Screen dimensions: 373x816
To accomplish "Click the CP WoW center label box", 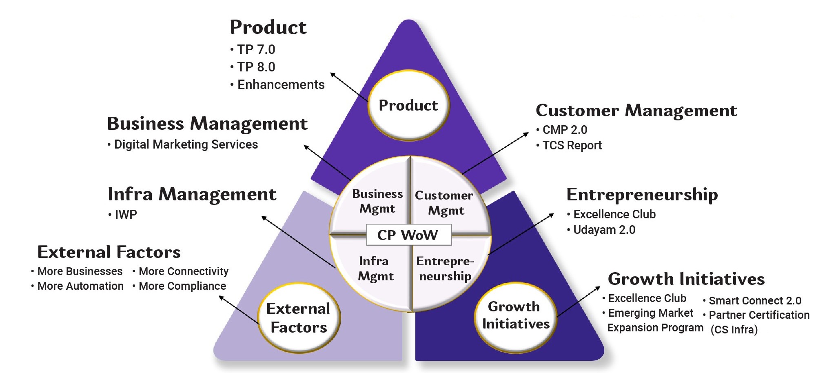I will (408, 235).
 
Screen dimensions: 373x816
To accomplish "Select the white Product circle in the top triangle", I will (408, 105).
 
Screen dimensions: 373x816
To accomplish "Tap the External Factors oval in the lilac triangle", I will (299, 318).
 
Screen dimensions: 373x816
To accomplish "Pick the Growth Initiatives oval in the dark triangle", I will (516, 315).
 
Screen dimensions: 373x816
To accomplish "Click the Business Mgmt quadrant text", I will (377, 201).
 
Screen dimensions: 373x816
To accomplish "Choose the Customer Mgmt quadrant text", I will (444, 203).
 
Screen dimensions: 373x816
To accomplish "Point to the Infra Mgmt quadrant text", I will (375, 269).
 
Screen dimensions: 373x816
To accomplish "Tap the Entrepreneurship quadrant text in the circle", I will (445, 269).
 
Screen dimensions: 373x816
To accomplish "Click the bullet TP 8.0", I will (256, 67).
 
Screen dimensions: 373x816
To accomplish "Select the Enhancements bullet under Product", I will (281, 84).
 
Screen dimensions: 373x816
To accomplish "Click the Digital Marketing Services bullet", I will (186, 144).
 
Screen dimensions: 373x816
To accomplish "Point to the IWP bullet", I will (126, 214).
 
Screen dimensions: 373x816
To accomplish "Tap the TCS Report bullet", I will (572, 145).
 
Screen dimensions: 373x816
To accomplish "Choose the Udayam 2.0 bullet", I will (604, 230).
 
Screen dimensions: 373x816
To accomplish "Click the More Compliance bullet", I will (182, 286).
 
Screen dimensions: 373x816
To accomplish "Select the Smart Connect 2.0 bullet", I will (755, 301).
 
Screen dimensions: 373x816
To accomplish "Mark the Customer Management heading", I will (636, 111).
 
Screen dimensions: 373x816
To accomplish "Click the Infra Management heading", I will (192, 194).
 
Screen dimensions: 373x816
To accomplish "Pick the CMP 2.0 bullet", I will (564, 130).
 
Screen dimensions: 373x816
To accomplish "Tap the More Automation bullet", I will (80, 286).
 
